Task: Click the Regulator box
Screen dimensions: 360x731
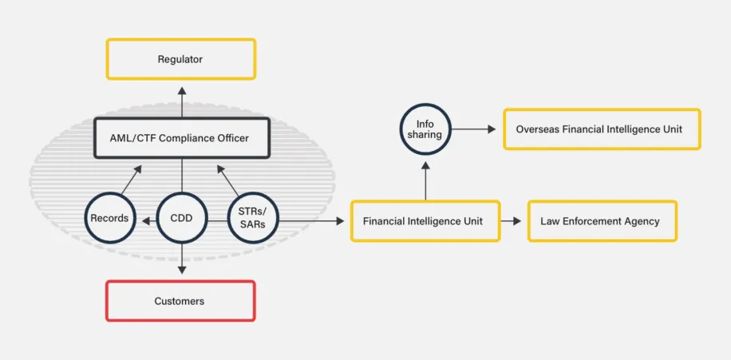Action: (x=180, y=59)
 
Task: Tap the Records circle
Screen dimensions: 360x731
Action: (x=109, y=217)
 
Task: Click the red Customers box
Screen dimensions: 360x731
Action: (x=180, y=301)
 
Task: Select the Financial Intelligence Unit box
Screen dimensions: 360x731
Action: (x=425, y=221)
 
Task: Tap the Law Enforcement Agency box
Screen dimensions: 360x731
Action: (x=602, y=221)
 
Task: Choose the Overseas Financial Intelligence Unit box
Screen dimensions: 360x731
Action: (x=601, y=129)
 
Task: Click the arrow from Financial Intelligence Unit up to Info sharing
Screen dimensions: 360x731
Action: (x=425, y=180)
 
